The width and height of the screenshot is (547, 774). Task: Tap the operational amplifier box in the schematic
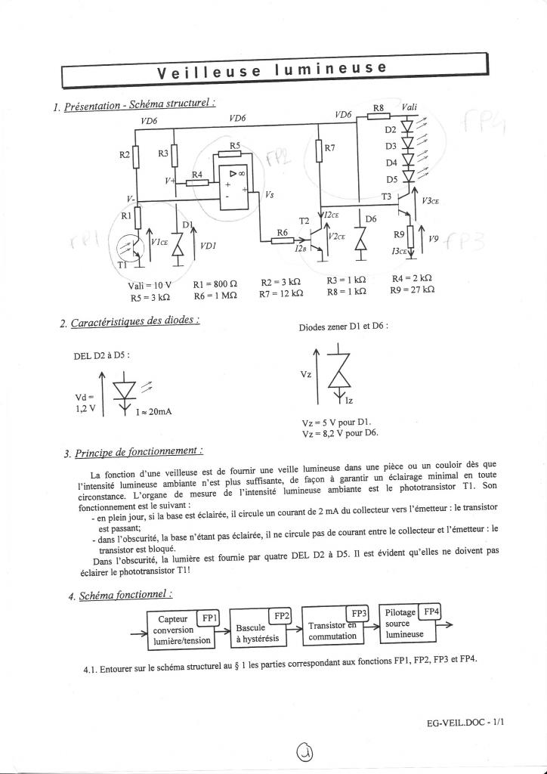[x=231, y=188]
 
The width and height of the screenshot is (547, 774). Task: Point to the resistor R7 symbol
[x=319, y=150]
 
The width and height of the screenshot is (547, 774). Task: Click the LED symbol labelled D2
[x=409, y=129]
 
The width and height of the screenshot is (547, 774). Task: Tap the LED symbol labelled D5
[x=409, y=178]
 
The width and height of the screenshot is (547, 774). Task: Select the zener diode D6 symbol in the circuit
[x=361, y=235]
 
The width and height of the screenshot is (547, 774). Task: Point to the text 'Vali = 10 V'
[x=151, y=286]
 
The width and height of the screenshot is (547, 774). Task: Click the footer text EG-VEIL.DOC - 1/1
[x=465, y=723]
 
